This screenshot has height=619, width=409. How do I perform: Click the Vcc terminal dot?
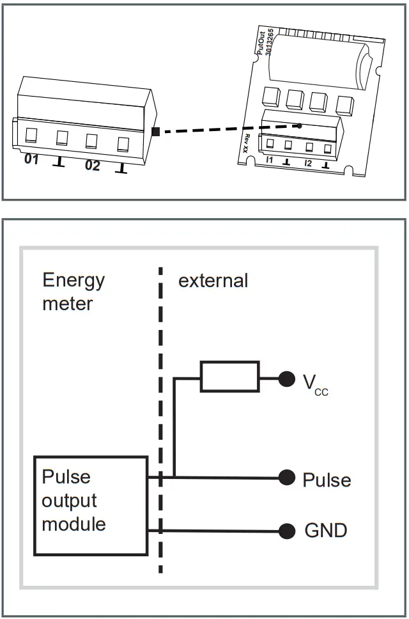[287, 379]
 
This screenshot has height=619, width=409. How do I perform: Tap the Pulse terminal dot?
[287, 478]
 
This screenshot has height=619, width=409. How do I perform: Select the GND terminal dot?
[287, 531]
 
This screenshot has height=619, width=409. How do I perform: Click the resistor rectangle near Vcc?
[230, 376]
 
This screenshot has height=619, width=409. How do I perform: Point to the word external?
[213, 281]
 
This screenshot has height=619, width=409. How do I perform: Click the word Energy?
[73, 281]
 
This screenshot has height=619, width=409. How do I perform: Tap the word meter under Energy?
[68, 304]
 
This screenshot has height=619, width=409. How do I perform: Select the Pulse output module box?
[91, 506]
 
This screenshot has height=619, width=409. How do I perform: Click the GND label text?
[326, 530]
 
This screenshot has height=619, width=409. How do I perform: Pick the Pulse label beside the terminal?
[327, 480]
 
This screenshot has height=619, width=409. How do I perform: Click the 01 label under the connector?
[31, 159]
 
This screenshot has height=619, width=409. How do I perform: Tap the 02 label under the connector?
[92, 166]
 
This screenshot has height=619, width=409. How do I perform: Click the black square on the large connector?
[156, 132]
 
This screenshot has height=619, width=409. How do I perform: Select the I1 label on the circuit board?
[270, 159]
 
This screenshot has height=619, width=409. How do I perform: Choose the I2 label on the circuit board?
[308, 163]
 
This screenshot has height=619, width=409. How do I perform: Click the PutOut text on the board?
[260, 43]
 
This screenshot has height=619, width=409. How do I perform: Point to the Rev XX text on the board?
[245, 143]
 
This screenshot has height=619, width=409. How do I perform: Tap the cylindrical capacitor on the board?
[320, 61]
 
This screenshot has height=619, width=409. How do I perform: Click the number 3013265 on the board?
[269, 42]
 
